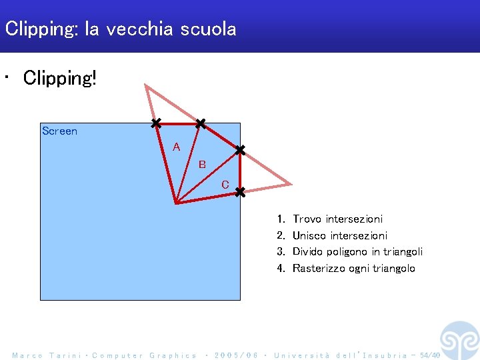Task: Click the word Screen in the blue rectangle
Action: click(59, 131)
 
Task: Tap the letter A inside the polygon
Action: click(176, 147)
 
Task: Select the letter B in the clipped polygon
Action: click(202, 165)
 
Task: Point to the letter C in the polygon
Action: click(225, 185)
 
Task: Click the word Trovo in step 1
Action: click(307, 219)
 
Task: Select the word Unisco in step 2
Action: click(310, 235)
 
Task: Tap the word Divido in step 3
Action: click(309, 251)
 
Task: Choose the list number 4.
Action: click(281, 268)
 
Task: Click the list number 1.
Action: click(281, 219)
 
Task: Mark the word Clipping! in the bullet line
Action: click(60, 78)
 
